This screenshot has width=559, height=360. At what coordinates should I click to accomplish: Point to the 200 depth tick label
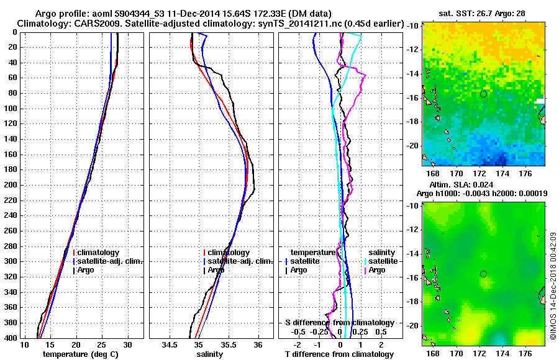click(11, 185)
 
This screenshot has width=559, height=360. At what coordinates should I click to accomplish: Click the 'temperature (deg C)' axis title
click(80, 354)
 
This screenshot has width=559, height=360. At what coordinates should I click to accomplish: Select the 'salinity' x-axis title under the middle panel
click(209, 354)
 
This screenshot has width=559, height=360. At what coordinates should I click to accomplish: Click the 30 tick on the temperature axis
click(127, 344)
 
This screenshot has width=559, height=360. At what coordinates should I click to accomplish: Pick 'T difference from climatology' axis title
click(339, 354)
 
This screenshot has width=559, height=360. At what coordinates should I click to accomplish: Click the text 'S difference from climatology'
click(339, 323)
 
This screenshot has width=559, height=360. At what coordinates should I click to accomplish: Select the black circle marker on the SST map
click(483, 94)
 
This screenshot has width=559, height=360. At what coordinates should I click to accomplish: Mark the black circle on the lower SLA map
click(483, 274)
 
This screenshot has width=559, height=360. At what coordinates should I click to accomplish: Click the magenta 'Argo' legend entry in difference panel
click(378, 270)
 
